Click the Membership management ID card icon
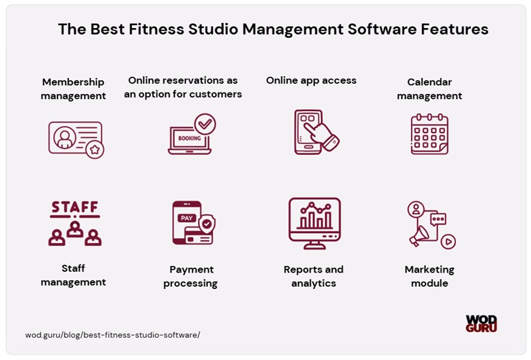pos(75,138)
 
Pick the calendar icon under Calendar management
pos(429,134)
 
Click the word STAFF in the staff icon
pos(75,208)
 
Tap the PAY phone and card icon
pos(192,223)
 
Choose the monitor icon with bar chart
pos(314,222)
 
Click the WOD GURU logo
pos(481,323)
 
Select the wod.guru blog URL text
pos(113,334)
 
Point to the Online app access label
pos(311,80)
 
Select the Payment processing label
pos(192,276)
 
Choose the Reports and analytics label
pos(314,276)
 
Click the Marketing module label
pos(429,276)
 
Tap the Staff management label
pos(73,275)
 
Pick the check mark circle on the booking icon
pos(205,124)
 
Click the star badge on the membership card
pos(95,149)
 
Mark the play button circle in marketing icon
pos(448,242)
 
